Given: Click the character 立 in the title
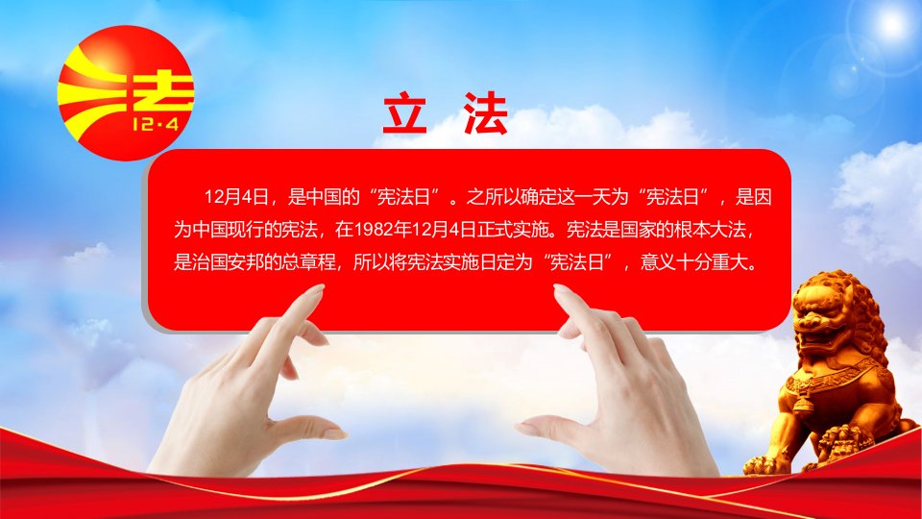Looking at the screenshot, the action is (405, 113).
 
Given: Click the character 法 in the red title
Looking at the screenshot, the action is (485, 113).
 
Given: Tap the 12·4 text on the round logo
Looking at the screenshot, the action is (156, 124).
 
